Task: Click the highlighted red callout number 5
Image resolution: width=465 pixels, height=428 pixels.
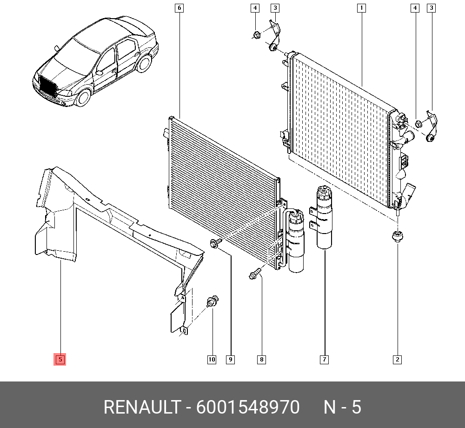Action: click(60, 360)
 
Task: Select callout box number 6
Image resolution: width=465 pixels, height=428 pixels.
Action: click(179, 8)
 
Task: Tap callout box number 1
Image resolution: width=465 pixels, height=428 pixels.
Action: click(361, 8)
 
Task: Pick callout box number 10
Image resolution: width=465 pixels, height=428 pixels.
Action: click(212, 360)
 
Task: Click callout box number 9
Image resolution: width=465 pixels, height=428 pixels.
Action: click(231, 360)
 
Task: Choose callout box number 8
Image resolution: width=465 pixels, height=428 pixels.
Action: click(261, 360)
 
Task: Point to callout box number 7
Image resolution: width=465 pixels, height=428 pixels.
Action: click(325, 360)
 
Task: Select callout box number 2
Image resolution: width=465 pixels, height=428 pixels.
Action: click(398, 360)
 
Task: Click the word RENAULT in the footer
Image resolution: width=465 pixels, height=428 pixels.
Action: click(142, 407)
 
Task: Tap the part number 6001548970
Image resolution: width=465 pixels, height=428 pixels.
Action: click(248, 407)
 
